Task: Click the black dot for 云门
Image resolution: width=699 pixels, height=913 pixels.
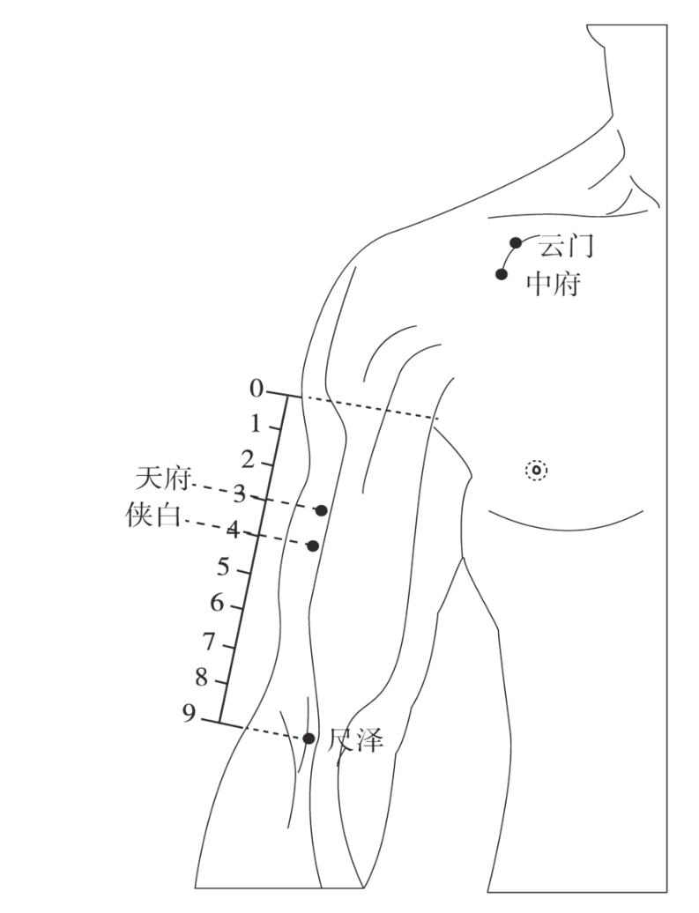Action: pos(517,242)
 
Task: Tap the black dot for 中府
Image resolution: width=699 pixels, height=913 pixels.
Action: pos(502,274)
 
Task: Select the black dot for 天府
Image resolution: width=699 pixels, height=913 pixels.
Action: pos(322,510)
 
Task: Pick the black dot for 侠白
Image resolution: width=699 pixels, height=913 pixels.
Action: pos(313,546)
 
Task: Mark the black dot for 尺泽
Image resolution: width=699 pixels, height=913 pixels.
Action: pos(309,739)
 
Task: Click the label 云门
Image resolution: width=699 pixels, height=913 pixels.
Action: pos(566,246)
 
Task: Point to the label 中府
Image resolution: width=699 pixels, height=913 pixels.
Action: pos(553,284)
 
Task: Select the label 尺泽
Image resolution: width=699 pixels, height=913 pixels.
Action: pos(356,739)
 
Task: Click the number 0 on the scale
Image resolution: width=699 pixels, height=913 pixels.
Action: pos(257,389)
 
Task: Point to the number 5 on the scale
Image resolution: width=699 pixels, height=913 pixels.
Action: pos(223,568)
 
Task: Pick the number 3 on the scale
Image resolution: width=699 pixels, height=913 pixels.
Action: pos(239,494)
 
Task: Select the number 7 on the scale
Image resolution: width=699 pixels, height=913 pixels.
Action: pos(209,641)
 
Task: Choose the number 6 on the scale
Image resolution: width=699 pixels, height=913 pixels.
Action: pos(216,604)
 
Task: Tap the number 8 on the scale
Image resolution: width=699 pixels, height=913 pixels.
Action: pos(201,678)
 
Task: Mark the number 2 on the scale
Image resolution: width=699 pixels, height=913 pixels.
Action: pos(248,459)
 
